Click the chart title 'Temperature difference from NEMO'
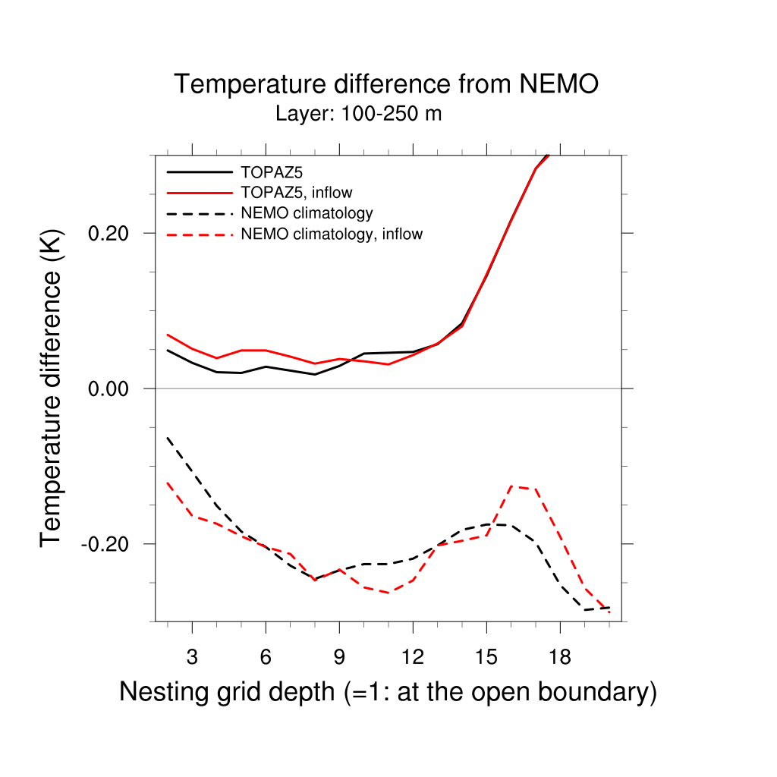pyautogui.click(x=386, y=84)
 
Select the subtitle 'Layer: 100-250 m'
pyautogui.click(x=358, y=115)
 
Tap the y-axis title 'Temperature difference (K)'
pyautogui.click(x=52, y=388)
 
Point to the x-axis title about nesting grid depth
pyautogui.click(x=388, y=692)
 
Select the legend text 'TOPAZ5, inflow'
pyautogui.click(x=296, y=192)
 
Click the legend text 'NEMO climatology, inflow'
pyautogui.click(x=331, y=234)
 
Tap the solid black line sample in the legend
pyautogui.click(x=199, y=171)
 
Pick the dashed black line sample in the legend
pyautogui.click(x=199, y=213)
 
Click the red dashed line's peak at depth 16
pyautogui.click(x=511, y=486)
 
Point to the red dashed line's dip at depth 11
pyautogui.click(x=388, y=593)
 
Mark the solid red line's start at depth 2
pyautogui.click(x=168, y=335)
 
